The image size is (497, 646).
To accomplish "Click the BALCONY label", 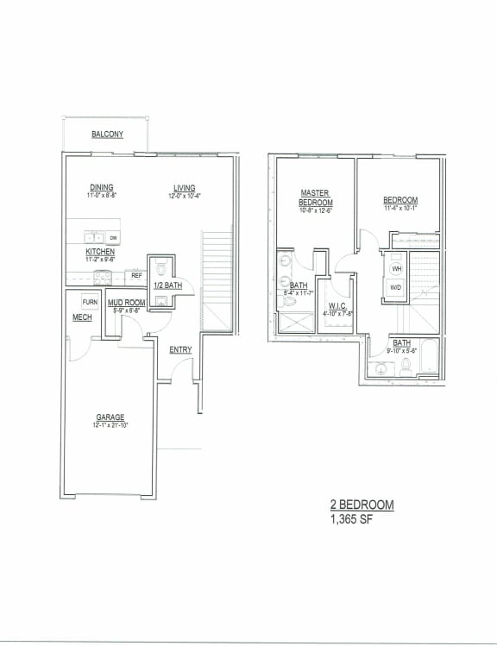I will (x=107, y=135).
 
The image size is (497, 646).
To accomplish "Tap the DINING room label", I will (x=102, y=188).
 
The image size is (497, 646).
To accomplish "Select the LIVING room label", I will (x=183, y=188).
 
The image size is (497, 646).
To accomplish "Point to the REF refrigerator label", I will (x=136, y=276).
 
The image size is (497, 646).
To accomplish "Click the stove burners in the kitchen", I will (x=102, y=277).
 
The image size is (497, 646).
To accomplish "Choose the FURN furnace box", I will (x=90, y=302).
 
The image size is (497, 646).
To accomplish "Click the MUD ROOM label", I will (x=125, y=303).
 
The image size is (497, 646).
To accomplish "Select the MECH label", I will (x=82, y=318).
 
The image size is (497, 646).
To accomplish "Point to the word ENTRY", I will (x=180, y=349).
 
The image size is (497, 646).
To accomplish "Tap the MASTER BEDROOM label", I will (x=316, y=198).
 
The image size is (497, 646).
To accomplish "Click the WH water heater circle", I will (x=396, y=268).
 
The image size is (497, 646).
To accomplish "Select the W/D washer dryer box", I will (x=396, y=287).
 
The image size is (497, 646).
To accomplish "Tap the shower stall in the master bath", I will (x=295, y=327).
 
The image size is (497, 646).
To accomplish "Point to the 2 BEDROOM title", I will (x=362, y=506).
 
